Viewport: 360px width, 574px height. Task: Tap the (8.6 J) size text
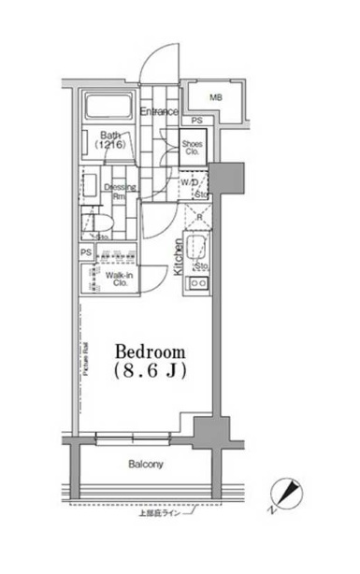click(151, 371)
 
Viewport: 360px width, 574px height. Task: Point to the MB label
click(215, 97)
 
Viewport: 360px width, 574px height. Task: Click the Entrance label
click(160, 112)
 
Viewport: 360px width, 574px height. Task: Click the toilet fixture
click(91, 225)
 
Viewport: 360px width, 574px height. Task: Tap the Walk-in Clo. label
click(118, 280)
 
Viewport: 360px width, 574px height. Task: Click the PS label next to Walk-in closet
click(86, 253)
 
